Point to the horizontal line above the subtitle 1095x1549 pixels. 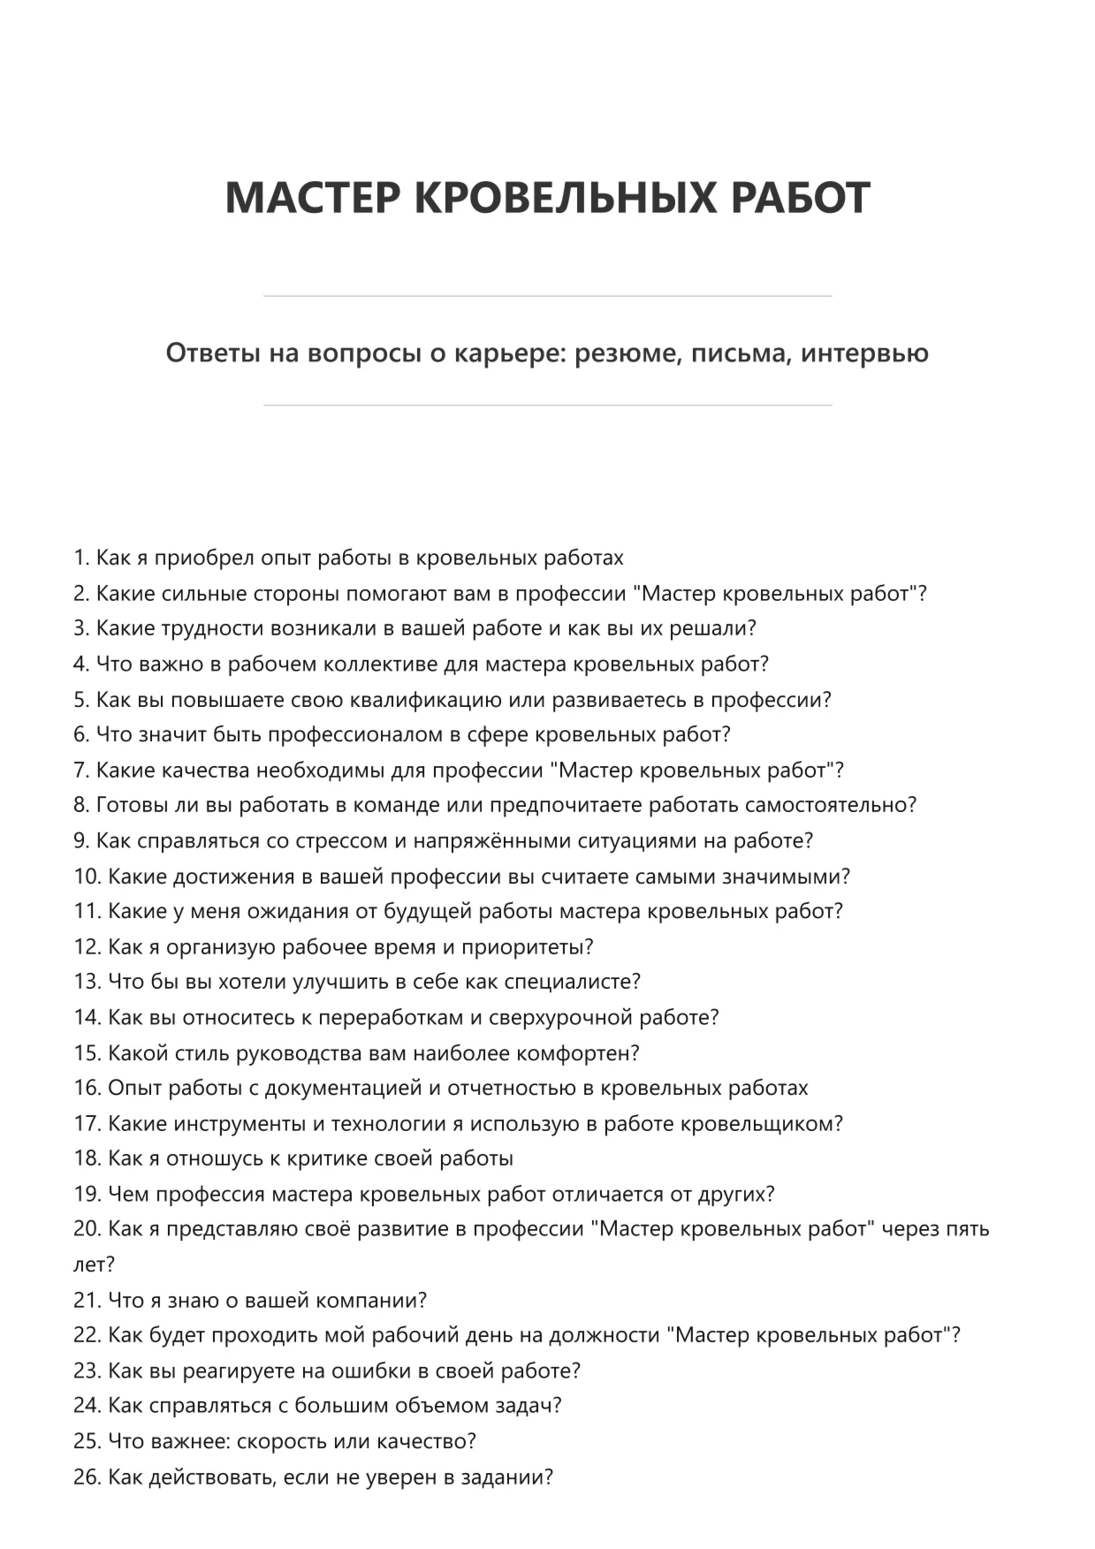pos(547,296)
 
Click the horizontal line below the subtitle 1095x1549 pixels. pos(547,406)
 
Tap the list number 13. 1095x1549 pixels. pos(87,982)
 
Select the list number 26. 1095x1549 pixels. pos(87,1477)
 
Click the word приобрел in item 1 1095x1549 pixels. pos(208,558)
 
